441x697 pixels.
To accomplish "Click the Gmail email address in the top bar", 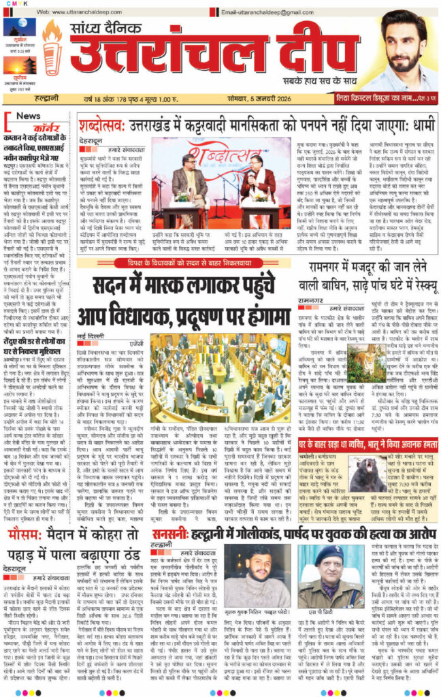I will (x=272, y=12).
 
